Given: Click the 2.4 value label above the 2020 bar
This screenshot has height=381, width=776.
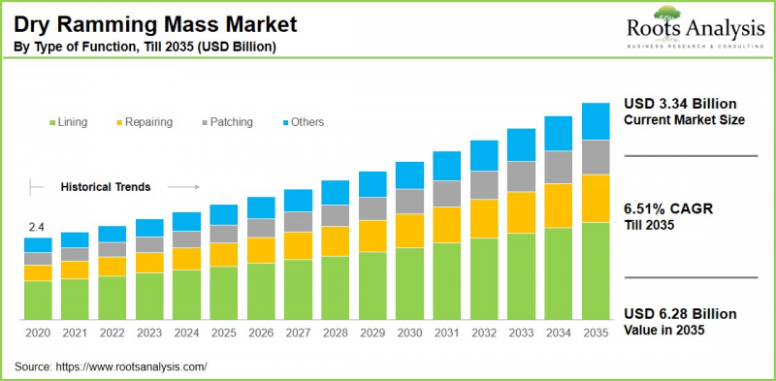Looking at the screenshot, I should point(37,228).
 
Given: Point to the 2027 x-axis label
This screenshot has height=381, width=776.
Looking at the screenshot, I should point(298,333).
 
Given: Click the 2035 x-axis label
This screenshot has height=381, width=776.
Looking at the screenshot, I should point(595,333).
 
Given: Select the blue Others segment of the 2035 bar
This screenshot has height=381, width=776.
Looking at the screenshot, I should point(596,121).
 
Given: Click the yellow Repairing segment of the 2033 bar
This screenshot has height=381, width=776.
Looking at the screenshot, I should point(521,211).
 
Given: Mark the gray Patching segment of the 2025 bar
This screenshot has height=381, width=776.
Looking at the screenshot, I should point(223,234).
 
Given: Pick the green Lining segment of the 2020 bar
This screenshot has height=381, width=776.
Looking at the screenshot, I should point(38,300).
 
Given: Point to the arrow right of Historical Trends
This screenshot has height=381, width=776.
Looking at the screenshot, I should point(189,185).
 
